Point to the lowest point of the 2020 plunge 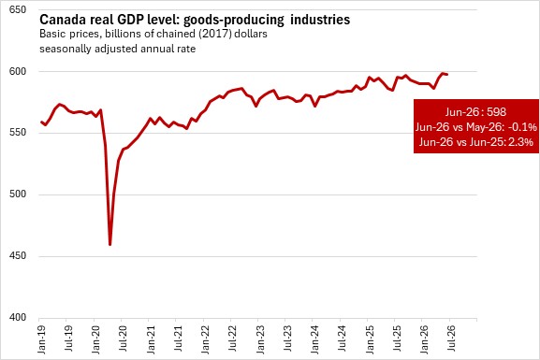109,245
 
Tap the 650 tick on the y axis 18,9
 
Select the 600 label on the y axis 18,71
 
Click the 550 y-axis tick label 18,133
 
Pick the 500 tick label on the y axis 18,194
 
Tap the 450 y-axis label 18,255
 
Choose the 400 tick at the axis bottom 18,317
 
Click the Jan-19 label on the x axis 42,339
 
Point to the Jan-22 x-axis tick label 205,339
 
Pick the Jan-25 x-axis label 370,339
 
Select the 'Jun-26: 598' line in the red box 475,112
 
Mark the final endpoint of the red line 447,75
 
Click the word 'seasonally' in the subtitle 64,49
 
